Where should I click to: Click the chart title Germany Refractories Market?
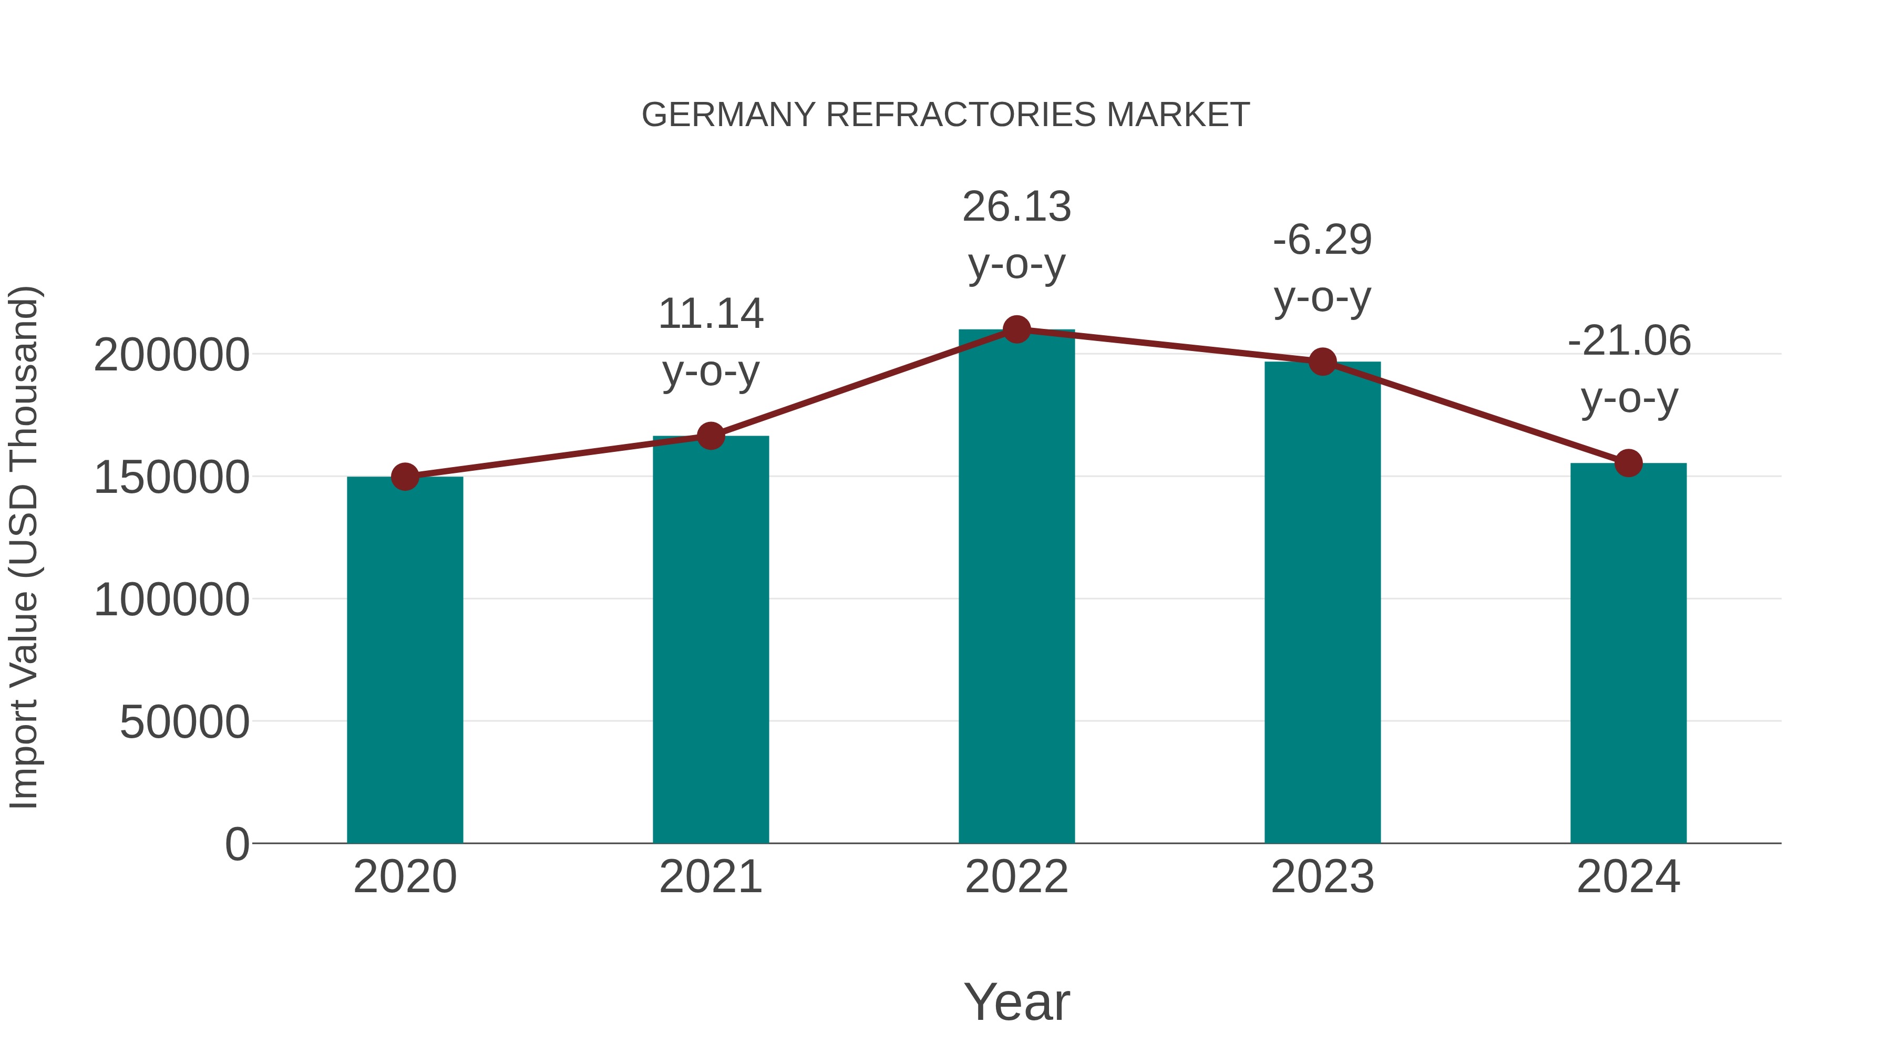(945, 115)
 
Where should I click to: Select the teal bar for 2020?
(405, 661)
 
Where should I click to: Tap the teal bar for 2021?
(710, 639)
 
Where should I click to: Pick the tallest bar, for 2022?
(1016, 587)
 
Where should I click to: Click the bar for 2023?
(1322, 602)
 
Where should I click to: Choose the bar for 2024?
(1628, 654)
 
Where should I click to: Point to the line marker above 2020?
(405, 477)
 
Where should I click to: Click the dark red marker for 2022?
(1016, 329)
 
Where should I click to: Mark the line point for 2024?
(1628, 463)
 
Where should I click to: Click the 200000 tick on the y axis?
(171, 355)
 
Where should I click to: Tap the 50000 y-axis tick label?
(184, 722)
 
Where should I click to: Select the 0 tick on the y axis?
(236, 844)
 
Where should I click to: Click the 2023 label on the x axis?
(1322, 877)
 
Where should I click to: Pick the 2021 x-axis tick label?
(710, 877)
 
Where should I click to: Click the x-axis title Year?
(1016, 1001)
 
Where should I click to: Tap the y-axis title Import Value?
(24, 547)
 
